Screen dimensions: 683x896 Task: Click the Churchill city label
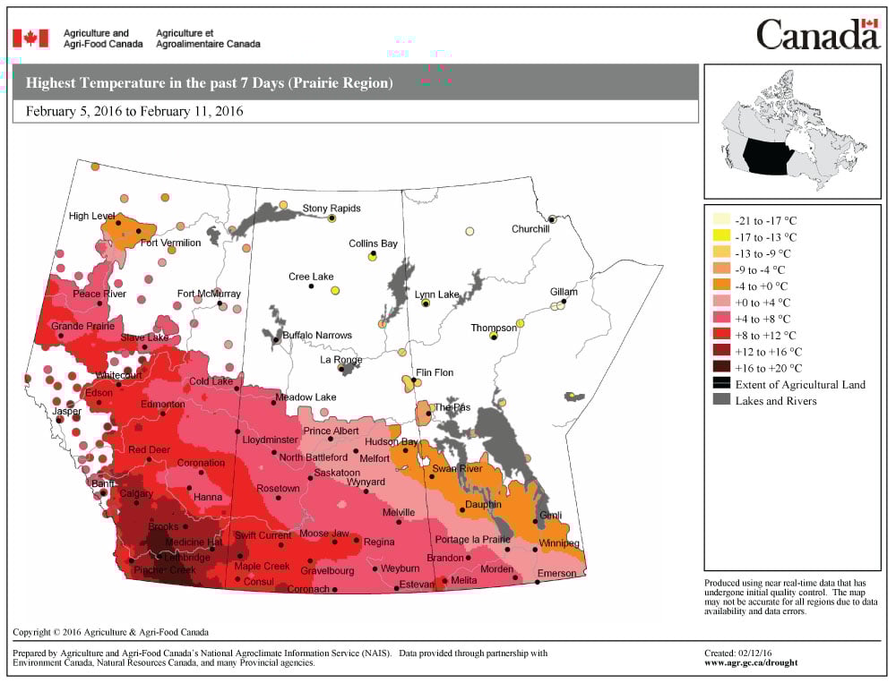tap(530, 229)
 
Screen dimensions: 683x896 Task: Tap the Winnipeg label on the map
tap(559, 543)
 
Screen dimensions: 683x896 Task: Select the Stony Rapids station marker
tap(332, 218)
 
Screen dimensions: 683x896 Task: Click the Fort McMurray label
tap(209, 294)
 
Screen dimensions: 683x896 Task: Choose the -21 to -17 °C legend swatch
tap(720, 220)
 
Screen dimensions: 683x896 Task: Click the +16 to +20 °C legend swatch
tap(720, 368)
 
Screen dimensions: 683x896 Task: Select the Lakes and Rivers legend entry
tap(775, 401)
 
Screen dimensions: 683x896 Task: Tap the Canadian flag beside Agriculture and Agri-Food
tap(30, 38)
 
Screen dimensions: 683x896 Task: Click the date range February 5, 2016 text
tap(134, 112)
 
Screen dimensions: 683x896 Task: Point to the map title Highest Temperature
tap(209, 83)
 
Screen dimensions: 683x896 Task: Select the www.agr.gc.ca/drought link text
tap(751, 663)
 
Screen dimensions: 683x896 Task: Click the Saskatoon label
tap(337, 473)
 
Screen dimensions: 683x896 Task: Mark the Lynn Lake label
tap(436, 295)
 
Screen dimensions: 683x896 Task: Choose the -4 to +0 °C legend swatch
tap(720, 286)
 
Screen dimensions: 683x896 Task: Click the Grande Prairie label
tap(82, 326)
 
